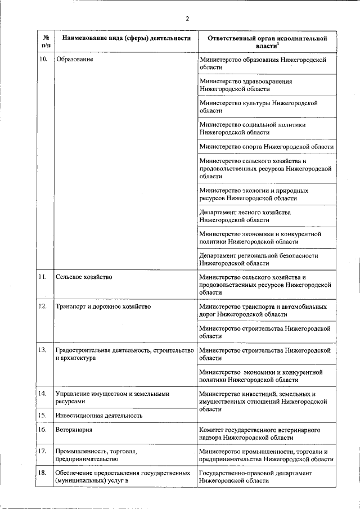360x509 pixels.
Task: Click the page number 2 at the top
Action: coord(187,19)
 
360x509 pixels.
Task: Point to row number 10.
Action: coord(43,59)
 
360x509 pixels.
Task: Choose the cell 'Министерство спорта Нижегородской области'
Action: coord(267,147)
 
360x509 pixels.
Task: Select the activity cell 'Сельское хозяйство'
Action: coord(84,277)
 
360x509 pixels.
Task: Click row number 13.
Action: coord(43,350)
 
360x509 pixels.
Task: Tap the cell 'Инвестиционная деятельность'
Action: coord(98,416)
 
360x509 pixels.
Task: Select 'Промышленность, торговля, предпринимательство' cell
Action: coord(96,455)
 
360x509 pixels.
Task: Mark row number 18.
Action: coord(43,474)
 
